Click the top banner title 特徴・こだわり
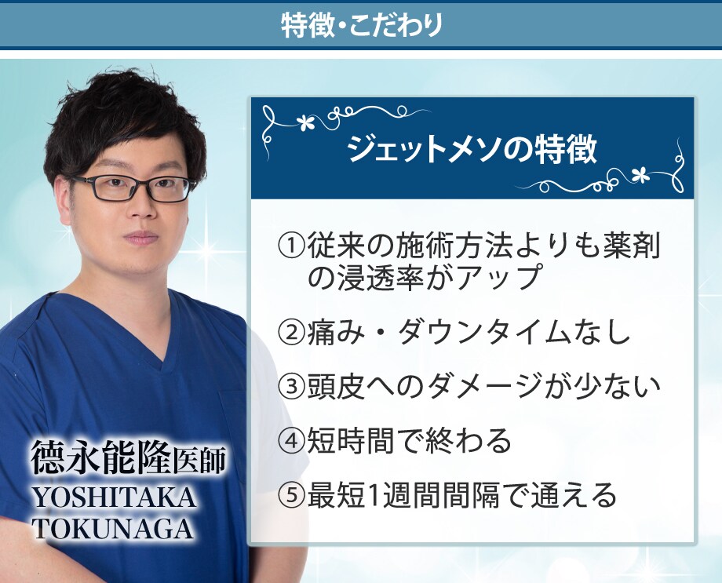pyautogui.click(x=362, y=24)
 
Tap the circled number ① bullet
pyautogui.click(x=291, y=246)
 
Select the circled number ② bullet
pyautogui.click(x=291, y=332)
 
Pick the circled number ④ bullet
pyautogui.click(x=291, y=441)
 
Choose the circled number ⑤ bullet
pyautogui.click(x=291, y=495)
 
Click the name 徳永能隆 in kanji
pyautogui.click(x=100, y=457)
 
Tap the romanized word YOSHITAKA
pyautogui.click(x=114, y=497)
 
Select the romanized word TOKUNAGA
pyautogui.click(x=113, y=529)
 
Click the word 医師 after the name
pyautogui.click(x=199, y=460)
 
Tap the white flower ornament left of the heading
pyautogui.click(x=304, y=122)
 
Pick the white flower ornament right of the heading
pyautogui.click(x=640, y=174)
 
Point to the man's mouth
pyautogui.click(x=141, y=238)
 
